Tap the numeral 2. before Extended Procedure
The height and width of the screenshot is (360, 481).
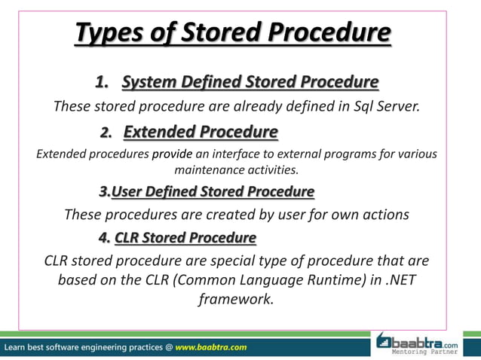[x=107, y=133]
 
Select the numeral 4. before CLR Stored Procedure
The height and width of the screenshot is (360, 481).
[x=104, y=239]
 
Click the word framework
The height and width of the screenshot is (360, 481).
[x=234, y=300]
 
